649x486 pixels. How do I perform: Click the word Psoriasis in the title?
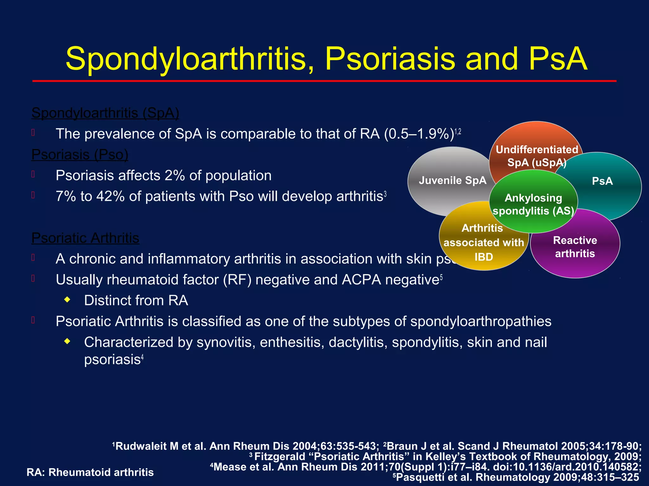390,59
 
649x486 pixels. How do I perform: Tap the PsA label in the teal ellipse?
602,181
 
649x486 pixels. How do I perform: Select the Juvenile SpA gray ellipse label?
452,180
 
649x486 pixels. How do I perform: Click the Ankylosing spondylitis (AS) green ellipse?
533,204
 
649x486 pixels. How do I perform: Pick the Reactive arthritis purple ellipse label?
575,247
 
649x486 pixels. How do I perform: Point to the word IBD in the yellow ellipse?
484,257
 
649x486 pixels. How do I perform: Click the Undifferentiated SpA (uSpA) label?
537,156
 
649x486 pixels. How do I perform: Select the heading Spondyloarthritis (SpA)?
105,113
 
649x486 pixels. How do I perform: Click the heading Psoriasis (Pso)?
80,155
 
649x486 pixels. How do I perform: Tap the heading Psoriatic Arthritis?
85,238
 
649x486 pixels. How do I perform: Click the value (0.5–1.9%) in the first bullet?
419,134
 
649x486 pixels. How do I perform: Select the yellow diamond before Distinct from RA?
67,300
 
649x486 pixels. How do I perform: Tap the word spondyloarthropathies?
481,322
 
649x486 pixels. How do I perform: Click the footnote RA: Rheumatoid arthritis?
90,472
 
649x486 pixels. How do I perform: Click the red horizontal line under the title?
324,81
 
